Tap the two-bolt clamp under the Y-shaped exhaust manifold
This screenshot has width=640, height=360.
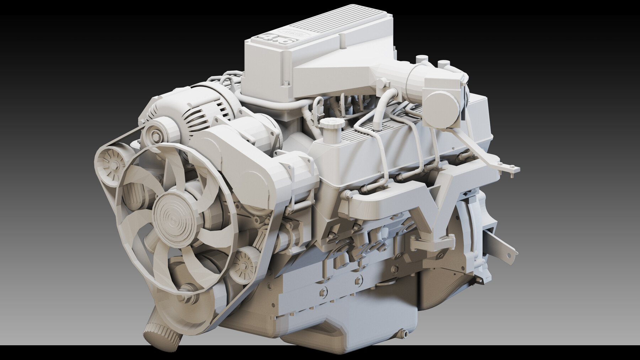pyautogui.click(x=432, y=245)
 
